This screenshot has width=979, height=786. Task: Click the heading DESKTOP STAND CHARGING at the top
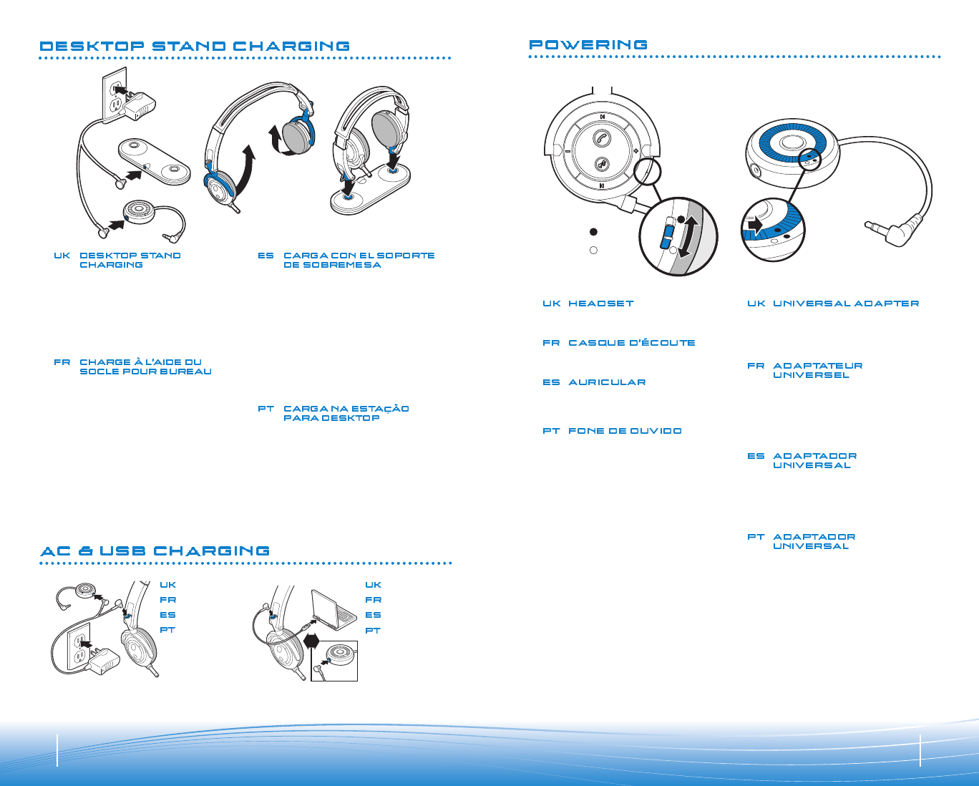195,47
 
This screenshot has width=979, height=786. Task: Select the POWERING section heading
588,45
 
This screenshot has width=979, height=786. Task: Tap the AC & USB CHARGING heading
155,551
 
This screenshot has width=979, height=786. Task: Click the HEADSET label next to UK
601,304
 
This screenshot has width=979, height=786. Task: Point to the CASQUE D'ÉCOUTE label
632,343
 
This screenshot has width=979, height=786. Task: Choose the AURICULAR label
607,382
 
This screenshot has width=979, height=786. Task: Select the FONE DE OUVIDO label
625,431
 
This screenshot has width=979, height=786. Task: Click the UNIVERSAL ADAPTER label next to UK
846,304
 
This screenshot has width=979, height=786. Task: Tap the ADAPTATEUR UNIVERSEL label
817,370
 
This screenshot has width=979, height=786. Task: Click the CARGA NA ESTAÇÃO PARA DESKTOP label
346,413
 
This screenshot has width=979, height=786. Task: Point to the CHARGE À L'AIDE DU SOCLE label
145,367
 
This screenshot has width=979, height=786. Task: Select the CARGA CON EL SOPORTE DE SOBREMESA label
359,260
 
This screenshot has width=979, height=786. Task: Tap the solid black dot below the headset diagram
593,232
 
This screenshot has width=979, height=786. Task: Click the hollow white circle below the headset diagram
593,251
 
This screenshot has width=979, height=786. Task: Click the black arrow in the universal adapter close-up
755,225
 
